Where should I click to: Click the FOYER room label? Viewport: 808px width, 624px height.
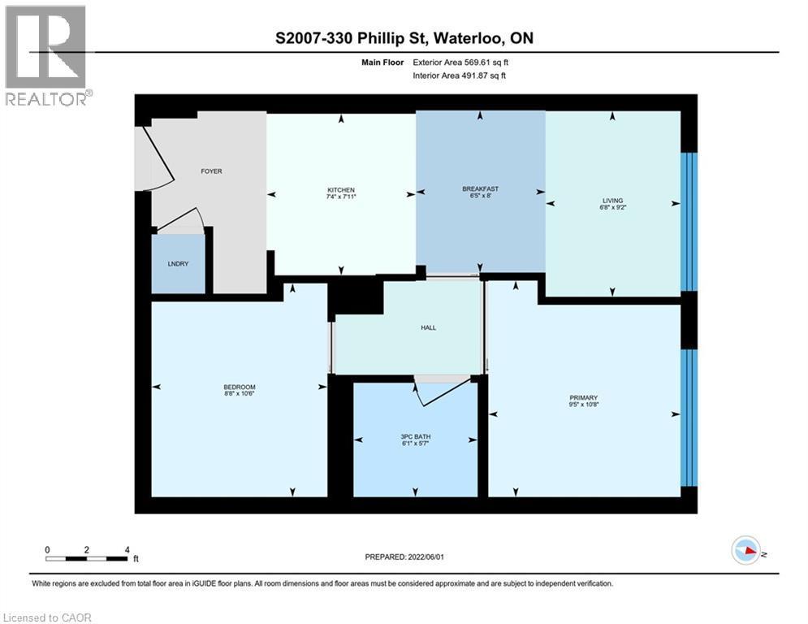click(211, 171)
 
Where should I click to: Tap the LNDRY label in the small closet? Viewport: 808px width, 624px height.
click(178, 263)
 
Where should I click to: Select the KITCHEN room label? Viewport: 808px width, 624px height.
click(341, 190)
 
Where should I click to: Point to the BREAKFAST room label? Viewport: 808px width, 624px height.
click(480, 188)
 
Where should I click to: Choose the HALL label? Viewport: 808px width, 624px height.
click(428, 327)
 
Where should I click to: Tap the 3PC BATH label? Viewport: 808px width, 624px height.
click(415, 436)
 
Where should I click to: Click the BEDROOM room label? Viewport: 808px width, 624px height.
click(240, 387)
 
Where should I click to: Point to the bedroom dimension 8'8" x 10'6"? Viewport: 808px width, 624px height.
click(240, 394)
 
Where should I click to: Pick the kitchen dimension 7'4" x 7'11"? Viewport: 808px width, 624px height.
click(341, 197)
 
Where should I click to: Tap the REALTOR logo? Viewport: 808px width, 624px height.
click(47, 55)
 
